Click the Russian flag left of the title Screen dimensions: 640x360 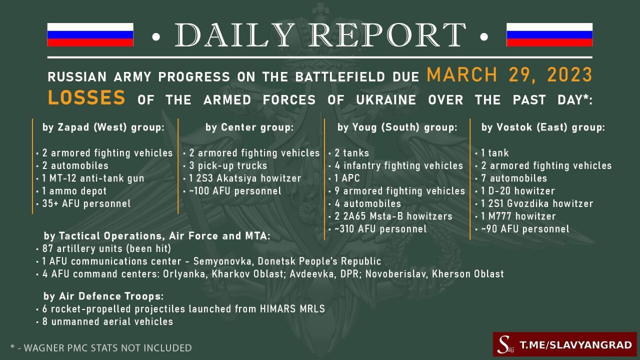click(x=90, y=34)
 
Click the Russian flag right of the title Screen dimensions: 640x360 click(x=549, y=34)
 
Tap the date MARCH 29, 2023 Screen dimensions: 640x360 click(x=509, y=75)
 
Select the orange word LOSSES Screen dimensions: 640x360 click(x=86, y=97)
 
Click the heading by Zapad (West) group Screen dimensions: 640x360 click(x=103, y=127)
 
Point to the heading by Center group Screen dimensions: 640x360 click(x=249, y=127)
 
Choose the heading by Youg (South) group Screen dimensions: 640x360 click(x=397, y=127)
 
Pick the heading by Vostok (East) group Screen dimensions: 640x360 click(x=543, y=127)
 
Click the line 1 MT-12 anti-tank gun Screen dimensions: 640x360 click(x=93, y=178)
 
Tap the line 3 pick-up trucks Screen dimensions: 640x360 click(x=228, y=165)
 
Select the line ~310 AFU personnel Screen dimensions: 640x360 click(x=380, y=229)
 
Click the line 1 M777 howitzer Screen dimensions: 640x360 click(x=518, y=216)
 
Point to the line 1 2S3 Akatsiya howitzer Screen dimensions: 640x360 click(x=245, y=178)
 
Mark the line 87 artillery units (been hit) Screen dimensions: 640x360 click(x=106, y=248)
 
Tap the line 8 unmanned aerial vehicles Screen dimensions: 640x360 click(x=107, y=321)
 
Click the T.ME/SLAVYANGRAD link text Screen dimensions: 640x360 click(x=575, y=345)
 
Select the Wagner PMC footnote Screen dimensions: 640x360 click(x=101, y=348)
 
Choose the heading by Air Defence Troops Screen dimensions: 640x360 click(x=103, y=296)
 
